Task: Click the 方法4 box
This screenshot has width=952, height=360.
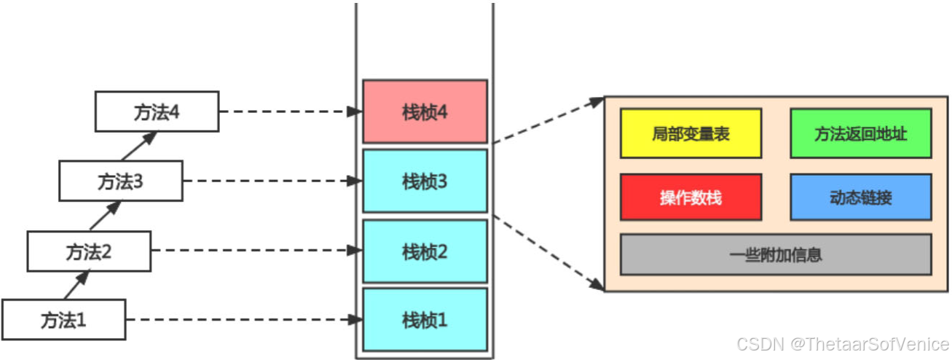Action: click(157, 111)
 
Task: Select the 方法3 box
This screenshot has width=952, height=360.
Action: click(121, 181)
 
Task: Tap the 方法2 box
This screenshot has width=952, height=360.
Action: click(89, 251)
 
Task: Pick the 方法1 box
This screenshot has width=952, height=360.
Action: click(63, 319)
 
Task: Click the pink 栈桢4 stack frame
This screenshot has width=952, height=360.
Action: click(425, 111)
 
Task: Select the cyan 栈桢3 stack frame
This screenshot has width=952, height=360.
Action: click(425, 181)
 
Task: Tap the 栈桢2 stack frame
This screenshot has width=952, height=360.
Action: click(425, 252)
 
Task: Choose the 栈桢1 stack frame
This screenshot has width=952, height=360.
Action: click(425, 319)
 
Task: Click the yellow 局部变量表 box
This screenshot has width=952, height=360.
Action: click(691, 133)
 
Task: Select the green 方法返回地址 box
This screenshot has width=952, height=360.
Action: click(860, 133)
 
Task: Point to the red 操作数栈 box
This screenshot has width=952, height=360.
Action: click(691, 197)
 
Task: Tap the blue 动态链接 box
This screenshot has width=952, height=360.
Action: click(860, 197)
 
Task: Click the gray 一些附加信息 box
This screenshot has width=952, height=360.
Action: click(776, 254)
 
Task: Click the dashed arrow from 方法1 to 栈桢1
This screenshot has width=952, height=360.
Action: click(244, 319)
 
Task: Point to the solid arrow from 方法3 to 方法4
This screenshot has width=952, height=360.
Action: click(139, 146)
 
